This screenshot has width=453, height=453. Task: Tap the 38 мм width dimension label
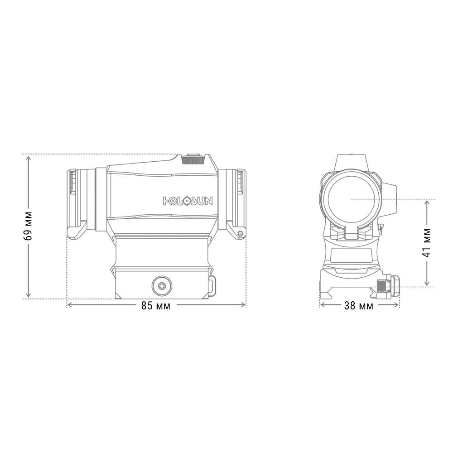coord(359,306)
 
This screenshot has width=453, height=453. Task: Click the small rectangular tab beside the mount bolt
coord(212,285)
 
